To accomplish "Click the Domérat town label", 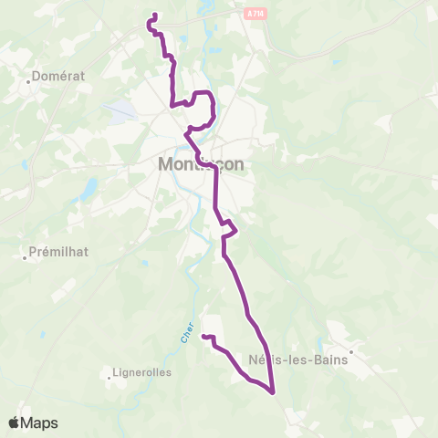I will click(x=59, y=77).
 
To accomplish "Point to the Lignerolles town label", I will click(x=135, y=372).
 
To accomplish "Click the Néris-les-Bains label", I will click(x=291, y=359).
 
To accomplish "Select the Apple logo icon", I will click(x=15, y=422).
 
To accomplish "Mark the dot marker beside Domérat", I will click(x=30, y=80).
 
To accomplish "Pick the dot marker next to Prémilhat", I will click(x=24, y=257).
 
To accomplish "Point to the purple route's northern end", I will click(x=155, y=14).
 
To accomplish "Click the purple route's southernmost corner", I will click(x=273, y=393).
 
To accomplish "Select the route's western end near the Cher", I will click(x=203, y=338).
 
